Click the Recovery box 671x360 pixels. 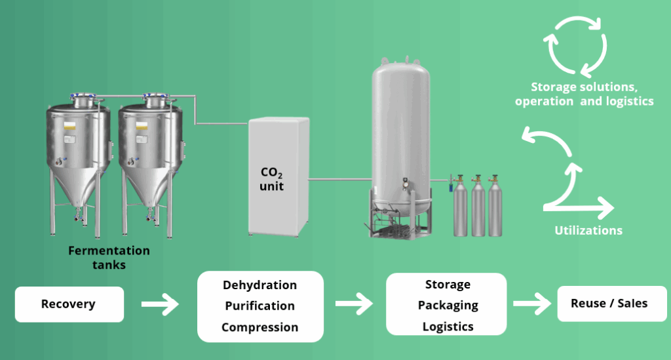(69, 304)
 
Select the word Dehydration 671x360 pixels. (259, 285)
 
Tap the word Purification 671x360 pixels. (259, 306)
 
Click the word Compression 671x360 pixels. (259, 327)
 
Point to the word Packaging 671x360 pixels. (448, 306)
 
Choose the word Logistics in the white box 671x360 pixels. (448, 327)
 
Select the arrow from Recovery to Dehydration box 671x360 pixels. (160, 304)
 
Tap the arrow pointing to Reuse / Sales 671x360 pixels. (531, 304)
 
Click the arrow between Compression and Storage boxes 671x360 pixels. (354, 304)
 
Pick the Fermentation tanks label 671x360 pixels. (109, 258)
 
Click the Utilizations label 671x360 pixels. (588, 230)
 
